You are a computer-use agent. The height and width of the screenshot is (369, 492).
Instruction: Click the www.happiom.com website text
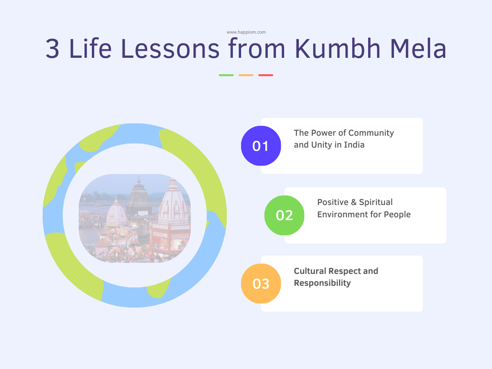coord(246,32)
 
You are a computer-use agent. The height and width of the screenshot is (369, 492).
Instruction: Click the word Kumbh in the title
coord(337,48)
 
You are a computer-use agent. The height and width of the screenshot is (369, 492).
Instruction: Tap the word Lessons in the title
coord(170,48)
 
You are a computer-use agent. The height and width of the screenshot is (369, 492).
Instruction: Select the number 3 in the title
coord(52,49)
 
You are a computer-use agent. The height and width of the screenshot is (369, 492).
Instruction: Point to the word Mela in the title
coord(418,48)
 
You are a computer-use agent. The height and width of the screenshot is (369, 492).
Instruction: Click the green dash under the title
coord(226,75)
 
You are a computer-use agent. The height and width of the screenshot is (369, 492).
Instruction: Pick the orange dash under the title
coord(246,75)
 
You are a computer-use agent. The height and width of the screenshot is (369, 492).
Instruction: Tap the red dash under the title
coord(266,75)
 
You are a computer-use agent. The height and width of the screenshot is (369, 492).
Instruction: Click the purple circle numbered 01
coord(261,146)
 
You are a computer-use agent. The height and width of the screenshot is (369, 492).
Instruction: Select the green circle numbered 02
coord(284,215)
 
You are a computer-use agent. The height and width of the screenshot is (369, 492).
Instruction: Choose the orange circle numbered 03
coord(261,283)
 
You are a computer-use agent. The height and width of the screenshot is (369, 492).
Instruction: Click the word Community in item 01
coord(371,133)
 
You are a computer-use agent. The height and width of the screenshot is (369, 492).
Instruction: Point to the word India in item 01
coord(354,145)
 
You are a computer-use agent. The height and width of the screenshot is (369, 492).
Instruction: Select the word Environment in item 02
coord(343,214)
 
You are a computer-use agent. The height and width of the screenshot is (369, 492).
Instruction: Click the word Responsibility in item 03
coord(322,283)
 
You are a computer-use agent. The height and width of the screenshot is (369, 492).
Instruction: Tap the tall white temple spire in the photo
coord(173,202)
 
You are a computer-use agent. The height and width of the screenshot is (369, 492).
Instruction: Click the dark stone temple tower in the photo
coord(139,197)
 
